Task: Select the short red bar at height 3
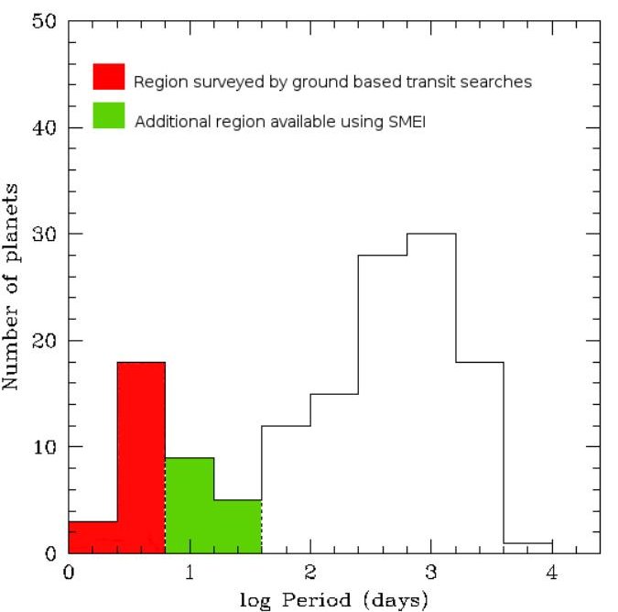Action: [x=92, y=537]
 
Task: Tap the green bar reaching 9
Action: [x=190, y=505]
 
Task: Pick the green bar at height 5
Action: [x=238, y=526]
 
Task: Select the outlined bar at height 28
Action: [x=383, y=403]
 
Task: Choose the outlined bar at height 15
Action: [x=334, y=473]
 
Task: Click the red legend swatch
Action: [x=109, y=77]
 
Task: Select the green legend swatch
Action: [x=109, y=115]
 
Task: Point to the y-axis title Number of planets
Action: [x=13, y=286]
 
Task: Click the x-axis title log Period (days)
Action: [x=334, y=601]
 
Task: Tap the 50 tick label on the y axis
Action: [x=45, y=22]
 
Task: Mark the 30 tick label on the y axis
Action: [x=45, y=235]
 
